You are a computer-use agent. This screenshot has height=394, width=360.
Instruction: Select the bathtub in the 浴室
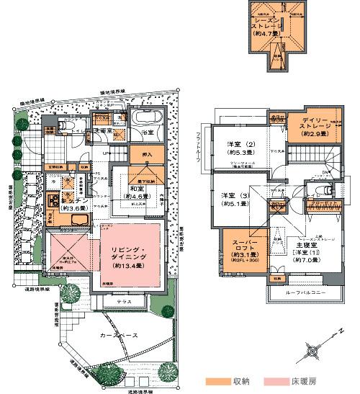[x=147, y=118]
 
